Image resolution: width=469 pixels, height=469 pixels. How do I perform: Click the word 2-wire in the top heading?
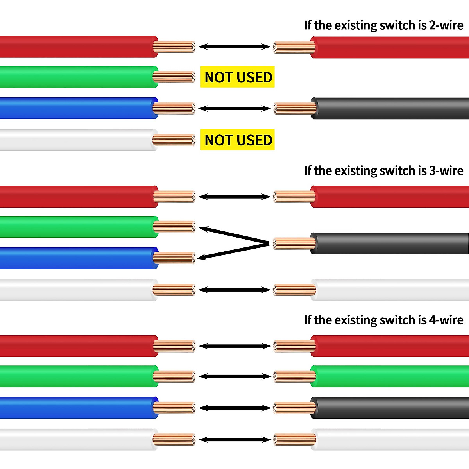coord(446,25)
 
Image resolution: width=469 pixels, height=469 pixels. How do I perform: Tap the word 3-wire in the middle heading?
coord(446,171)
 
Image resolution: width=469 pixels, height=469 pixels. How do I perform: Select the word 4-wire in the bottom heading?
coord(446,320)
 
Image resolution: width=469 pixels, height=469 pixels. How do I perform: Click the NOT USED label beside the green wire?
coord(238,77)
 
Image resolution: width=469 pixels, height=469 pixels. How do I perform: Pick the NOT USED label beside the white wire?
coord(238,140)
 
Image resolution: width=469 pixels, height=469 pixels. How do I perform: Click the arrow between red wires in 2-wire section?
coord(234,47)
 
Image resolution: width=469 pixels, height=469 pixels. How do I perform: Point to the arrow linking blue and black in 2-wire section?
coord(234,109)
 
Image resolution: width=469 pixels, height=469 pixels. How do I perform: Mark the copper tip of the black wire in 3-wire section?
coord(294,243)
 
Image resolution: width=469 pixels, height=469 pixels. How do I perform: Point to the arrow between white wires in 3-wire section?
coord(234,290)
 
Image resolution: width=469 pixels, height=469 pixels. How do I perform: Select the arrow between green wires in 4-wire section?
coord(235,376)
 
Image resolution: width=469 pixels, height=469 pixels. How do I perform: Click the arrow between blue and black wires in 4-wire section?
coord(235,408)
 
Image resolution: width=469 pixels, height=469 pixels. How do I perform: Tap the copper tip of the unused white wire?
coord(174,140)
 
